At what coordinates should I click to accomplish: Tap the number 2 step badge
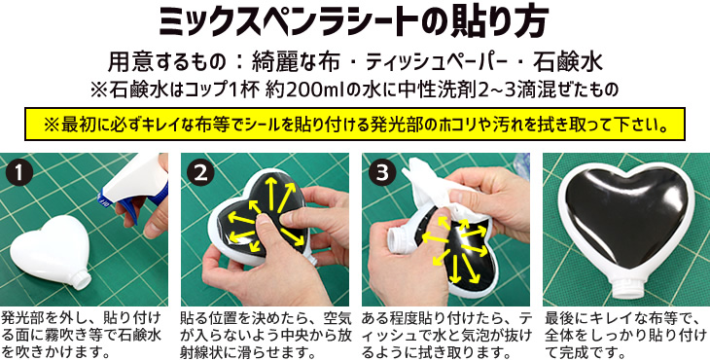coord(201,172)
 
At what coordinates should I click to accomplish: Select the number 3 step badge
coord(380,172)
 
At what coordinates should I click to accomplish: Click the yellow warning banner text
coord(354,126)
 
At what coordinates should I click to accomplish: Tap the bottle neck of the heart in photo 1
coord(80,282)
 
